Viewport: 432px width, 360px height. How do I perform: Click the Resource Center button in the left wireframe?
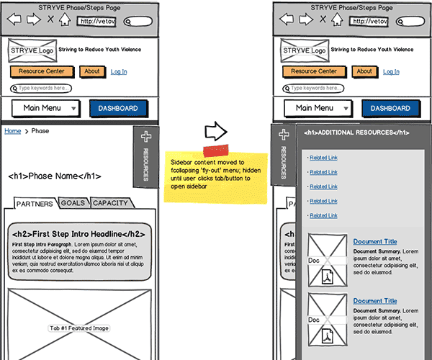coord(42,71)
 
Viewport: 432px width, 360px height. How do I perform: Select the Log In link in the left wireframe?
coord(119,71)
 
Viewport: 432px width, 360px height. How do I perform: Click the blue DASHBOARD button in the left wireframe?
coord(118,108)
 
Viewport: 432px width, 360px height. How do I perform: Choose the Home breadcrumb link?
coord(12,131)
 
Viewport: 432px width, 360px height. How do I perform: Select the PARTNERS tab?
coord(35,204)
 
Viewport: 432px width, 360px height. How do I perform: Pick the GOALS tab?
coord(73,203)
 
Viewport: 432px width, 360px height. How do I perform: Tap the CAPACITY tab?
coord(110,203)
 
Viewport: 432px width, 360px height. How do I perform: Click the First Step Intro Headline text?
coord(79,234)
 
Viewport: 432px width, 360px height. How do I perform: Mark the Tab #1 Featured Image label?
coord(79,328)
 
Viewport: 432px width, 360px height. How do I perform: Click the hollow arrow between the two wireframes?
coord(216,131)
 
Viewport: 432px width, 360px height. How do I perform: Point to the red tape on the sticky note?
coord(215,150)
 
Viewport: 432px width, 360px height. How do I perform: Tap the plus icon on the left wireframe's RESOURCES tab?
coord(145,137)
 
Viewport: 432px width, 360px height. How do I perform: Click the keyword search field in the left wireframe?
coord(41,89)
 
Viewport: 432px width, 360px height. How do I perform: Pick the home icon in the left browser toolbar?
coord(65,19)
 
